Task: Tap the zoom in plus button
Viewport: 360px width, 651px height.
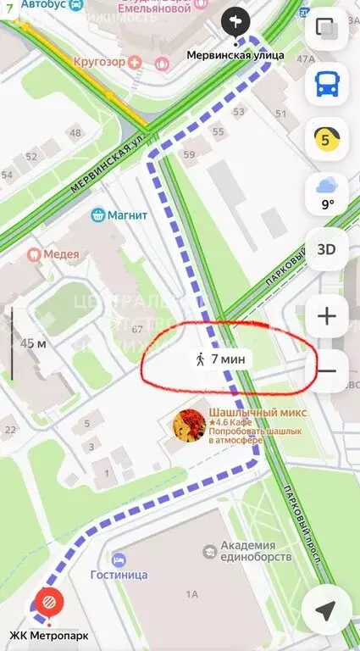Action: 327,317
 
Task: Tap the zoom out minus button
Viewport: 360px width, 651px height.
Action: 327,370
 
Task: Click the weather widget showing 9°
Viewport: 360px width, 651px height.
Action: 327,194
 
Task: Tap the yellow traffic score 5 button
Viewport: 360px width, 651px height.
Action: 327,139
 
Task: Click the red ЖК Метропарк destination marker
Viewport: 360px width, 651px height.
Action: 48,604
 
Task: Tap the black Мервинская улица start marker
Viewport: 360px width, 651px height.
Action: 236,20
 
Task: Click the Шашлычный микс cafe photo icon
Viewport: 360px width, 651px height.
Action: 188,426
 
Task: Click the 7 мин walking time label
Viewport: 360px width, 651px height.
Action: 220,359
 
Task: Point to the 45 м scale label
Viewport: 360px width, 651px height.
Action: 33,343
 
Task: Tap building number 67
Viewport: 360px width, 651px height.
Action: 136,329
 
